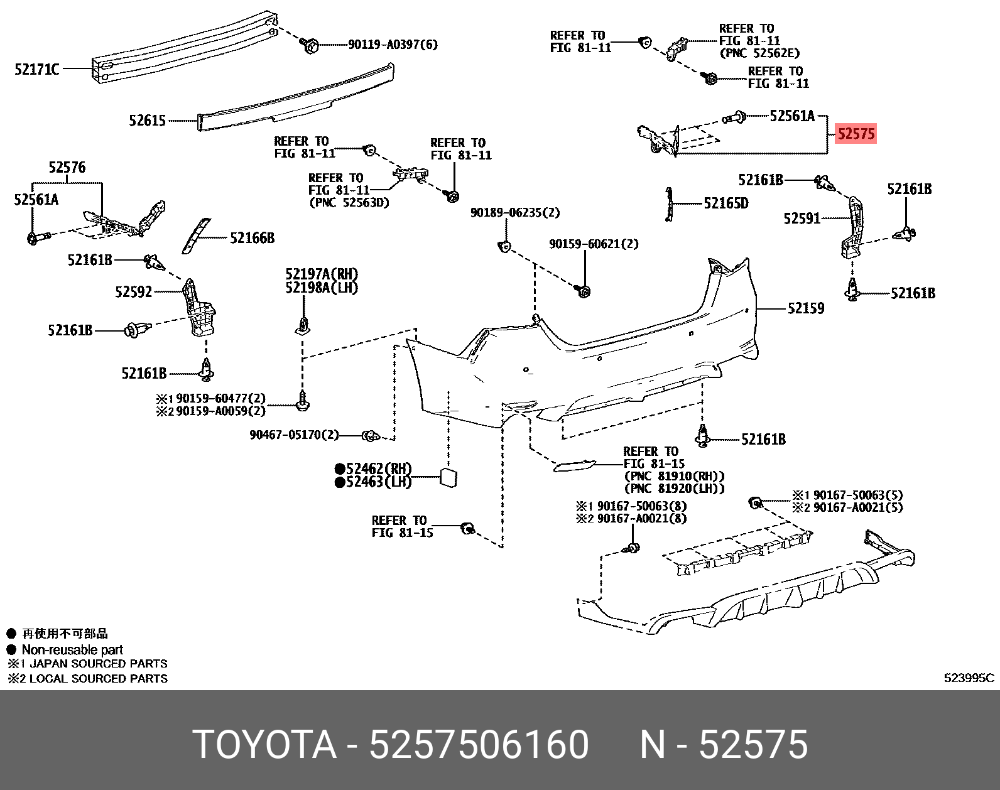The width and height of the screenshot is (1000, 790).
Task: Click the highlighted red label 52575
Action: tap(856, 134)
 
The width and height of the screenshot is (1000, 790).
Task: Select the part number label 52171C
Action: tap(37, 69)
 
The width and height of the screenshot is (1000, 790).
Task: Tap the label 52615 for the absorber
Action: tap(147, 120)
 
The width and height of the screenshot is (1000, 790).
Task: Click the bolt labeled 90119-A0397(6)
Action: tap(310, 45)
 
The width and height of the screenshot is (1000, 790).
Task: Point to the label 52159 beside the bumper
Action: tap(806, 308)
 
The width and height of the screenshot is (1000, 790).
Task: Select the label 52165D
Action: tap(726, 203)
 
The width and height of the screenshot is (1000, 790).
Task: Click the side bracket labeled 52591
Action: tap(852, 226)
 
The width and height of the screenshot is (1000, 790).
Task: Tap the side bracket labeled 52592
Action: tap(197, 308)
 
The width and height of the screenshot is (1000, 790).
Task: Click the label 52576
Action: tap(67, 168)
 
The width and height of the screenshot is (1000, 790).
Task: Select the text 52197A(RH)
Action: tap(322, 274)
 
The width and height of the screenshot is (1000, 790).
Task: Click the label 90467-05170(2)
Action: tap(293, 435)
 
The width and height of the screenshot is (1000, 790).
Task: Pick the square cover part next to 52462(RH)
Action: tap(448, 477)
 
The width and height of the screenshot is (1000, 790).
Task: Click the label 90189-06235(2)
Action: tap(514, 213)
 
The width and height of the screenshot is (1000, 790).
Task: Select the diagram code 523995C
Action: tap(969, 678)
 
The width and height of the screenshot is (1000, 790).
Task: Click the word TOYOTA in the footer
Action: tap(264, 745)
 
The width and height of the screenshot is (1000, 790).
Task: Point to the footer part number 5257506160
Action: tap(479, 745)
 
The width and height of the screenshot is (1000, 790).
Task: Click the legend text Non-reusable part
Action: tap(72, 650)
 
